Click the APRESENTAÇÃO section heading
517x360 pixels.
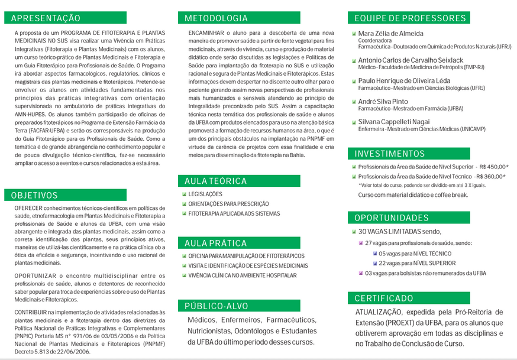[46, 18]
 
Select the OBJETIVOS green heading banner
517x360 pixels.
[34, 195]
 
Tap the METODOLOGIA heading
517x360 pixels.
[216, 18]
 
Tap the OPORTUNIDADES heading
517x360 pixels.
[392, 218]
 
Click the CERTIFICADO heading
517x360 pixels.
[384, 298]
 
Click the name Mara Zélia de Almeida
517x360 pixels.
[390, 33]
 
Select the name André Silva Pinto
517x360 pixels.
[383, 102]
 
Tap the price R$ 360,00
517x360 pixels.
[491, 176]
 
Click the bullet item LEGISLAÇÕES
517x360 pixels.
[205, 194]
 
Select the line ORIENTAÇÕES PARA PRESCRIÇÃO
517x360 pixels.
[228, 204]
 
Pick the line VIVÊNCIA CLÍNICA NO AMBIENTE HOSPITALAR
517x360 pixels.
[243, 275]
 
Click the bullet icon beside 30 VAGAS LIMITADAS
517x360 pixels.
[354, 232]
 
